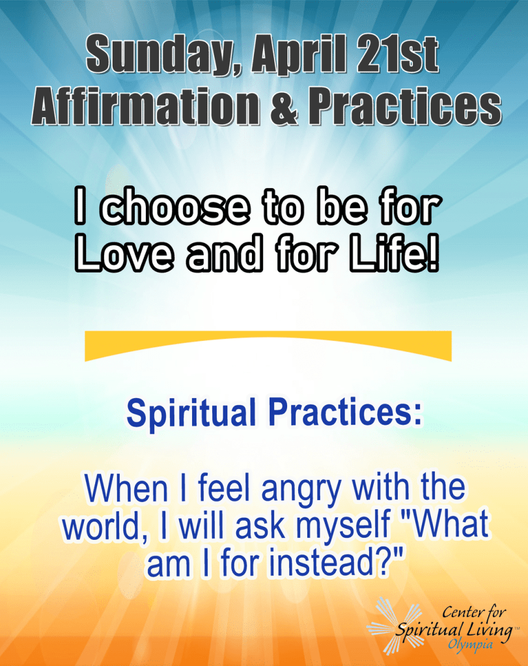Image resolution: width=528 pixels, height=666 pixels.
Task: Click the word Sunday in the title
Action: pyautogui.click(x=163, y=55)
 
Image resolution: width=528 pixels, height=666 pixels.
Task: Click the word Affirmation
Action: pyautogui.click(x=145, y=105)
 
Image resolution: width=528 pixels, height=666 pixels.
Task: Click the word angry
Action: pyautogui.click(x=301, y=490)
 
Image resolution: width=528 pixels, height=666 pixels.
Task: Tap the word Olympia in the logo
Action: pyautogui.click(x=470, y=645)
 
